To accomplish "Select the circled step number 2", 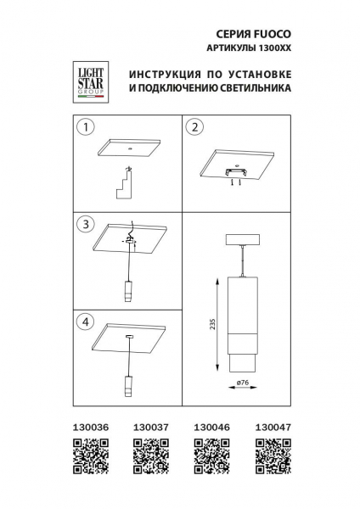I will pyautogui.click(x=194, y=127).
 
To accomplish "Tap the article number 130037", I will pyautogui.click(x=148, y=428).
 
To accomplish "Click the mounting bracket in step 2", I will pyautogui.click(x=236, y=174).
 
